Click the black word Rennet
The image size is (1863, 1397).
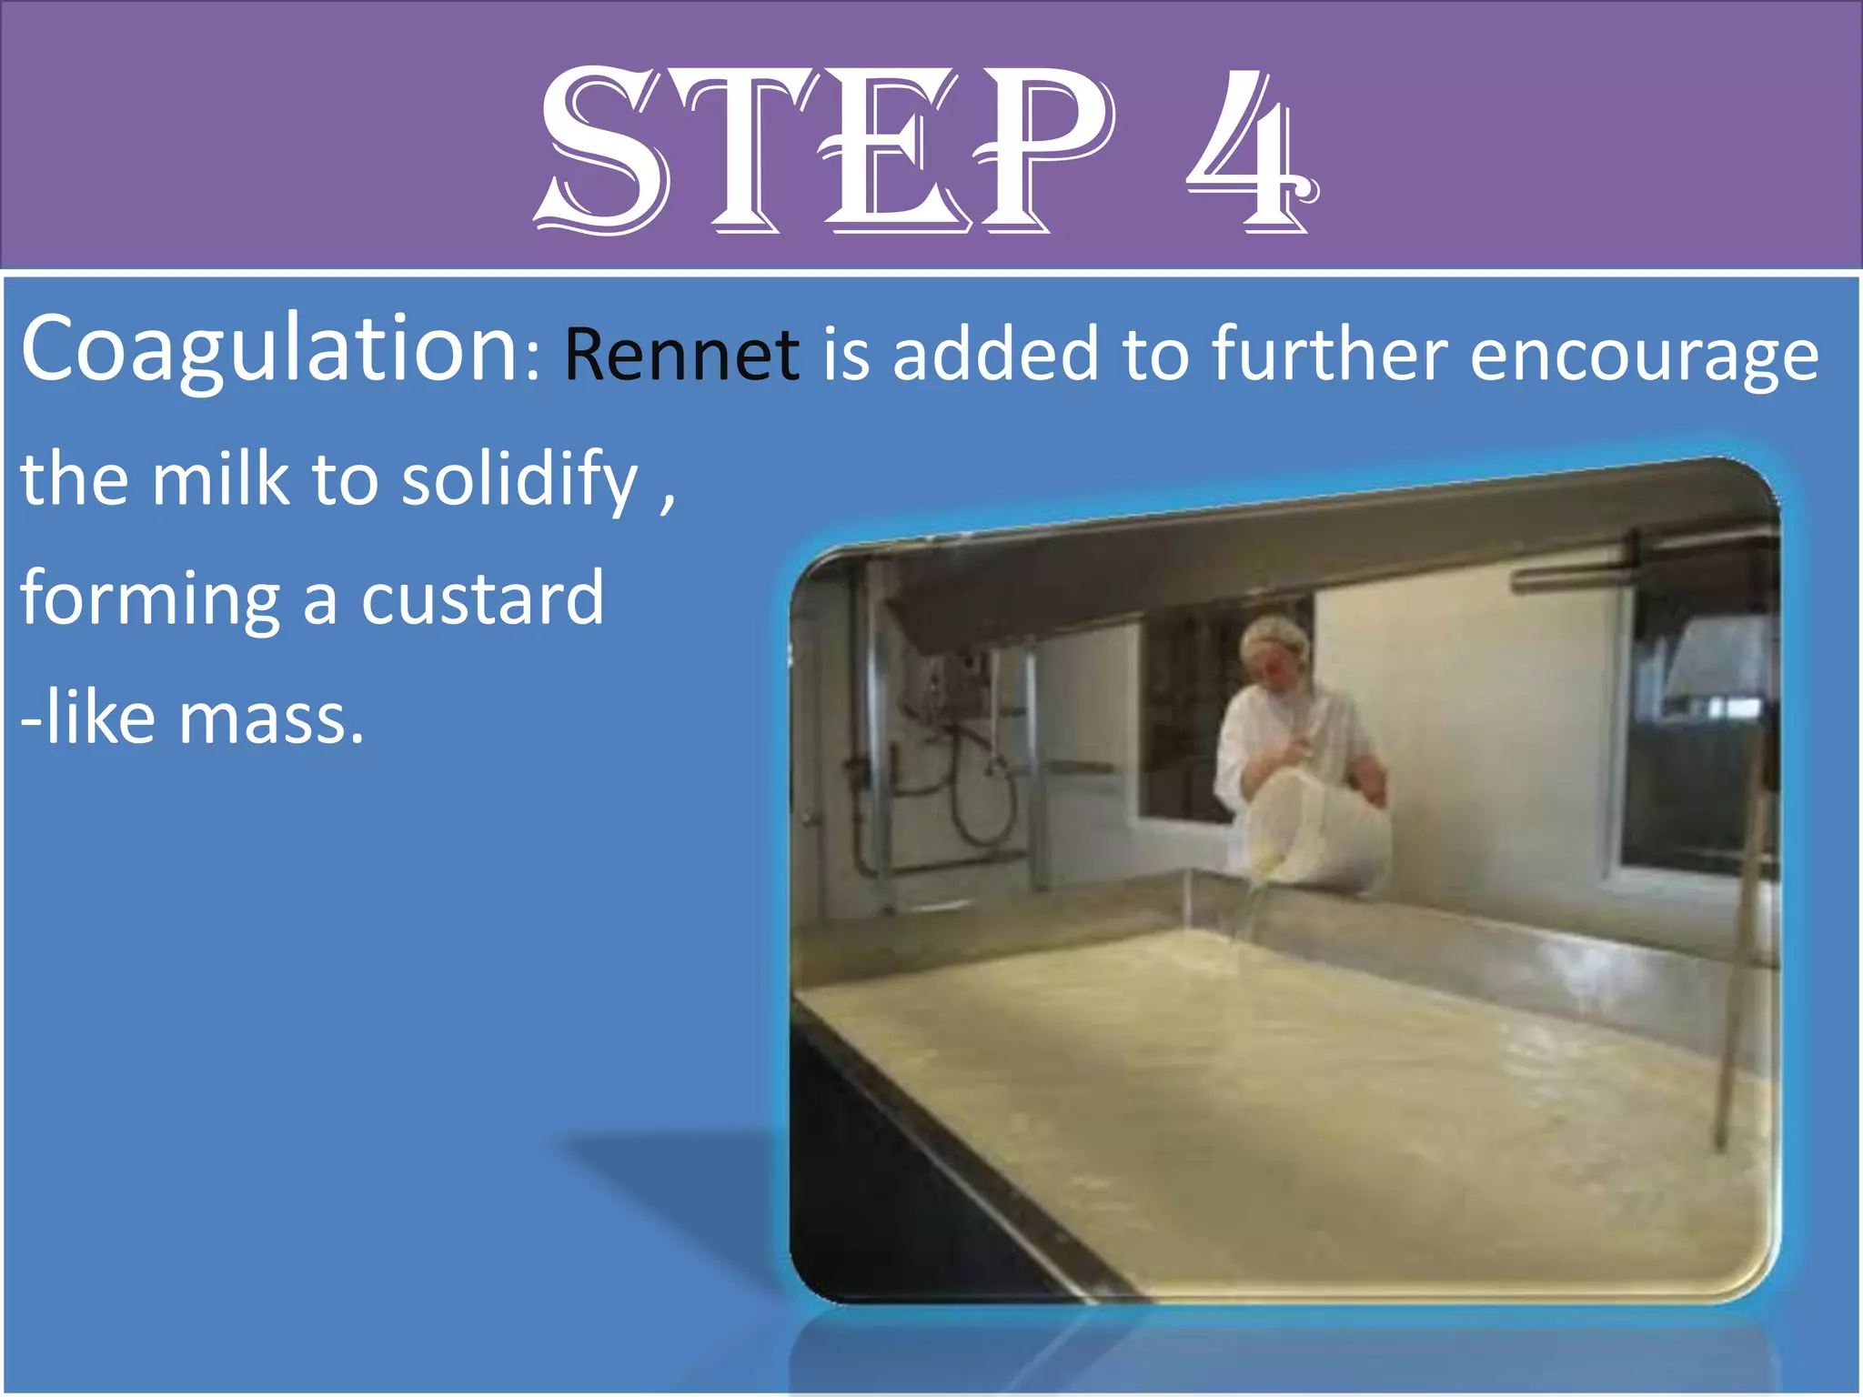coord(681,355)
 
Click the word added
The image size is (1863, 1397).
coord(996,353)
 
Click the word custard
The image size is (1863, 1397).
coord(482,598)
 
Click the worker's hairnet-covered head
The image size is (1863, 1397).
coord(1276,649)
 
